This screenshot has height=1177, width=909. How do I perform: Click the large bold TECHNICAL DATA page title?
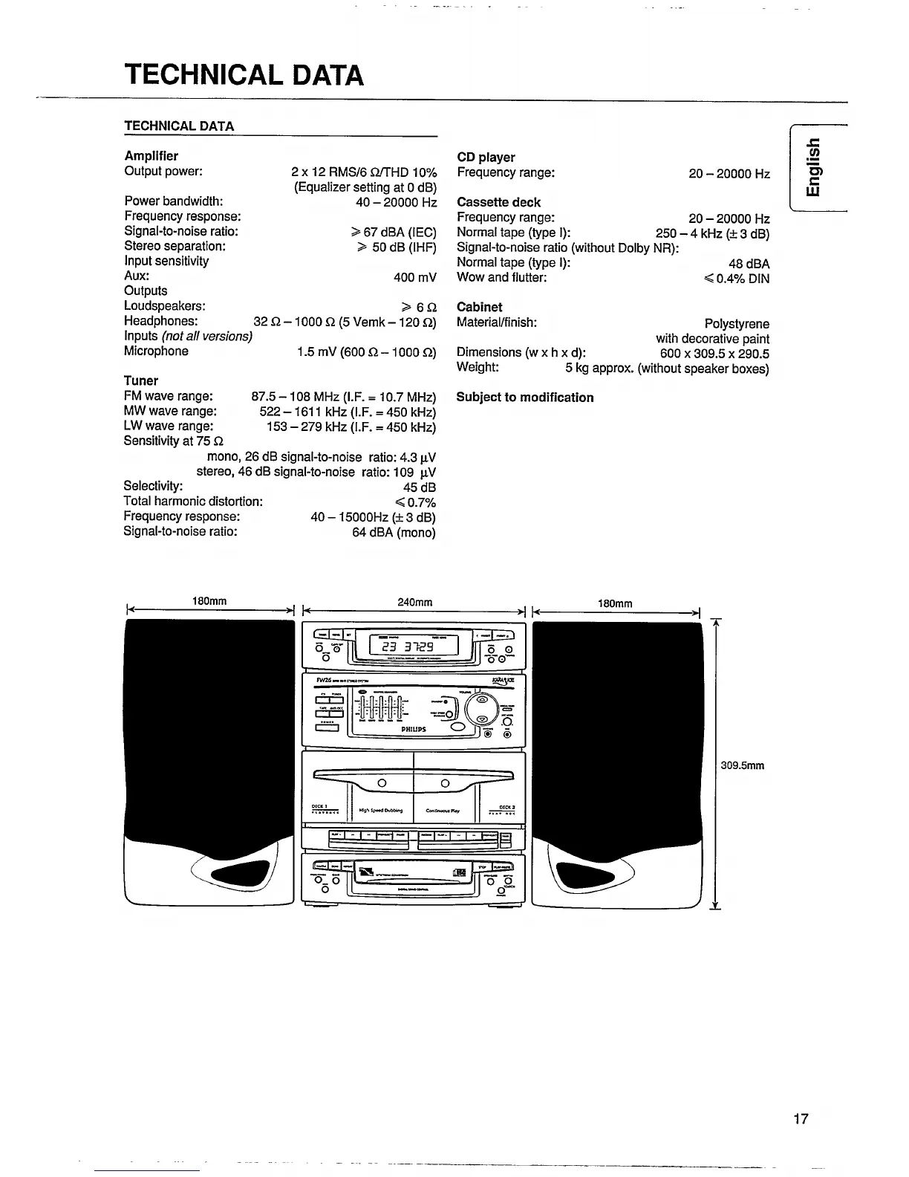(244, 75)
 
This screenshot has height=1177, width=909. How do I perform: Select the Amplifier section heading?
(151, 156)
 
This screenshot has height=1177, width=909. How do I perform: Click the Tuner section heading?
(141, 380)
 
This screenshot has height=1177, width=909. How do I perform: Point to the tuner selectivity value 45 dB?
(419, 487)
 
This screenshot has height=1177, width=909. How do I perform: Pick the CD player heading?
(486, 157)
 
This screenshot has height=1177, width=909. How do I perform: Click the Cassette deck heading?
(498, 202)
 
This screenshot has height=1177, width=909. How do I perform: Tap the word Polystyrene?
(737, 324)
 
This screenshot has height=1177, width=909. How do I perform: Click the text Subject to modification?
(525, 398)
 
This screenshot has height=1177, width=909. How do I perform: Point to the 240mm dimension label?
(414, 603)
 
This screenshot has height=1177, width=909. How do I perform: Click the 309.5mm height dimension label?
(743, 765)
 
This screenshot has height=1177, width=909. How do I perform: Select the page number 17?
(801, 1118)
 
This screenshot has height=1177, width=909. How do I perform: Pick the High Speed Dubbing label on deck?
(380, 811)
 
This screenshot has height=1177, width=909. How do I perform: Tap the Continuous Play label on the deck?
(443, 811)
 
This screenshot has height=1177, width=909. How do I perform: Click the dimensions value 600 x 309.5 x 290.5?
(714, 354)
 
